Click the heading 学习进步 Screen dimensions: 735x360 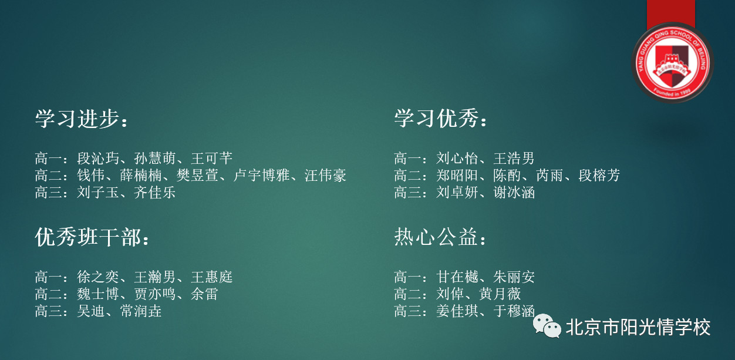[x=77, y=119]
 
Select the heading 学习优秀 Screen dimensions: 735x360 [x=436, y=119]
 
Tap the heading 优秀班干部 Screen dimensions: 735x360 [x=88, y=237]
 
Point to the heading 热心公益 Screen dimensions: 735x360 [x=436, y=237]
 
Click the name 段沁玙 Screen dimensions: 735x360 [x=98, y=158]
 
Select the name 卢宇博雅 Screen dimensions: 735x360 [x=261, y=175]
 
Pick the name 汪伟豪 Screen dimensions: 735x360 [x=325, y=175]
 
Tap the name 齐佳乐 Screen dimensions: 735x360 [x=154, y=192]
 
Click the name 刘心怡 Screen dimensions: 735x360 [x=457, y=158]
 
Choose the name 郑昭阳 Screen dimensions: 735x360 [x=457, y=175]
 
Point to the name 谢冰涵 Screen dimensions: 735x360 [x=514, y=192]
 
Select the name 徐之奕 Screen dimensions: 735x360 [x=98, y=277]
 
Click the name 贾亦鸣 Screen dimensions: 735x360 [x=154, y=294]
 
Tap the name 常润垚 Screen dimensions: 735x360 [x=140, y=311]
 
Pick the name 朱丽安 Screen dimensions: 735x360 [x=514, y=277]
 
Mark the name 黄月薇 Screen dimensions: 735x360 [x=500, y=294]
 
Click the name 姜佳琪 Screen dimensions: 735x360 [x=457, y=311]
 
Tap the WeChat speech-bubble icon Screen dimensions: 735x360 [x=547, y=326]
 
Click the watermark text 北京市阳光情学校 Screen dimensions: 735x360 [x=638, y=327]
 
